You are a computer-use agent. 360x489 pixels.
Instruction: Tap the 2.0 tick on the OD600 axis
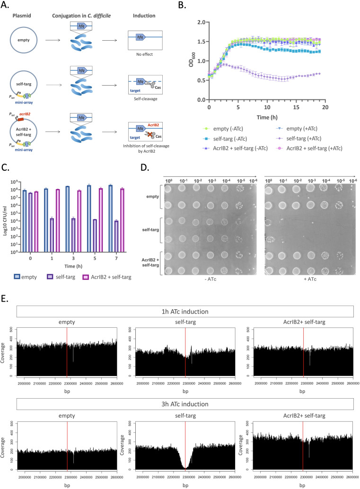[202, 22]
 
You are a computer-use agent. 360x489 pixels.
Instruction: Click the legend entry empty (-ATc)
[224, 115]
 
